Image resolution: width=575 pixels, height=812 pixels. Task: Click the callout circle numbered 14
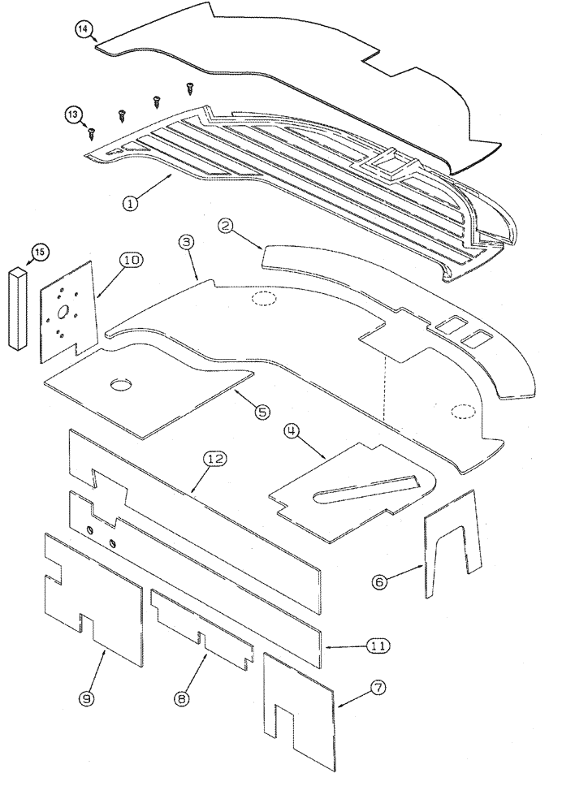point(84,30)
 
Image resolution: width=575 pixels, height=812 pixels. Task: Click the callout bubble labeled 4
point(293,430)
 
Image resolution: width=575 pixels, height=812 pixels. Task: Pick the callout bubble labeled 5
point(262,412)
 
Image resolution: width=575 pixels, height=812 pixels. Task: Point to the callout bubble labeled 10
point(132,261)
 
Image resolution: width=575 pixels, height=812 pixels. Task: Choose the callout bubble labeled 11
point(377,646)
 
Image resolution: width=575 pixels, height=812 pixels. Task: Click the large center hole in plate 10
point(63,313)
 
